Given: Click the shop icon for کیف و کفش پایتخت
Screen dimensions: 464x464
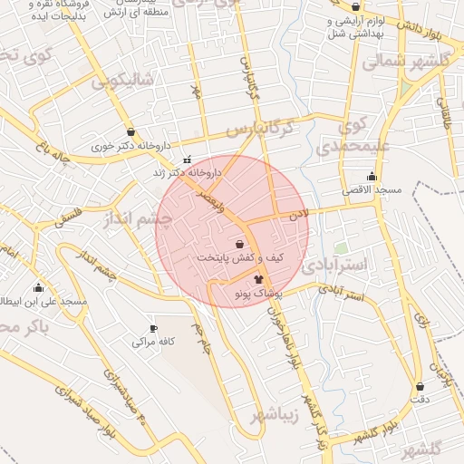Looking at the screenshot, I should click(x=239, y=244).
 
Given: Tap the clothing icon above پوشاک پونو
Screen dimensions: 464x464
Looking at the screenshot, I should click(x=259, y=280).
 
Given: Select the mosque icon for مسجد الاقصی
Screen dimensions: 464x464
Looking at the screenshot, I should click(x=372, y=177).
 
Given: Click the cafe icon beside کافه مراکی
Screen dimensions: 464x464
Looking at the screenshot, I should click(x=153, y=328).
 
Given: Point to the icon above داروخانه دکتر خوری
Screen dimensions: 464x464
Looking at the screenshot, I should click(x=131, y=131).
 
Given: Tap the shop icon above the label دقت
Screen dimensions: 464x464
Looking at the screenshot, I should click(x=419, y=385).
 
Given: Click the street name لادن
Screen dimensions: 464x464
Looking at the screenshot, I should click(x=300, y=215).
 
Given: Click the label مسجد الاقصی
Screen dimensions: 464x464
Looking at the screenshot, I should click(x=371, y=190).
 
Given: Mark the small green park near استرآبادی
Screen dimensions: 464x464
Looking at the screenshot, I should click(x=341, y=246).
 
